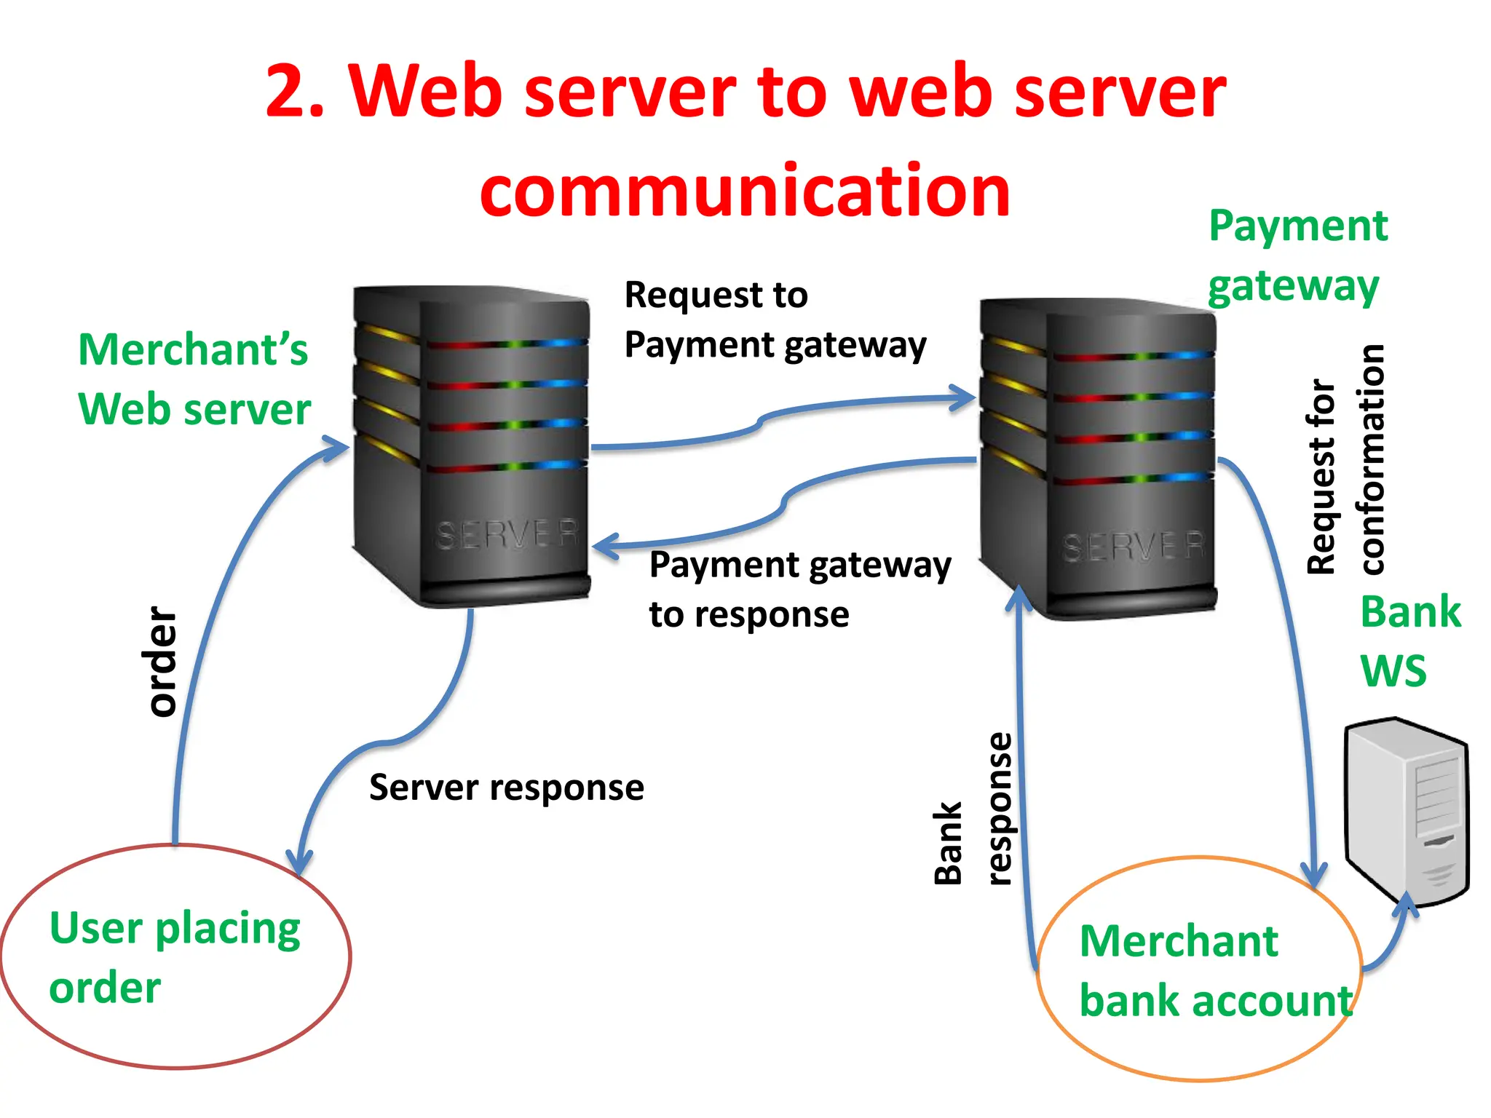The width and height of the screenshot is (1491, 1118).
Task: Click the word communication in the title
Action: (745, 191)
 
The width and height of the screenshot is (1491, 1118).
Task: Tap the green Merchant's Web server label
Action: (194, 378)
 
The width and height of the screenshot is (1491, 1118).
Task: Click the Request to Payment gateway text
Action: (774, 320)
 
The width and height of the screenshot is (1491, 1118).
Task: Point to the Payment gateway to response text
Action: (799, 589)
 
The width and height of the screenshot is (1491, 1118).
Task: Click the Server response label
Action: (506, 788)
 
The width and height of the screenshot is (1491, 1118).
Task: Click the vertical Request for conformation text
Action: (1346, 460)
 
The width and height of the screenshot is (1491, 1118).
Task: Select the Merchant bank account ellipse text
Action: (1214, 970)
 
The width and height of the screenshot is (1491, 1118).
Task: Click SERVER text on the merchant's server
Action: (507, 534)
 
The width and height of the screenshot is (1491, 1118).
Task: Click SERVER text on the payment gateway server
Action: (1133, 547)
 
